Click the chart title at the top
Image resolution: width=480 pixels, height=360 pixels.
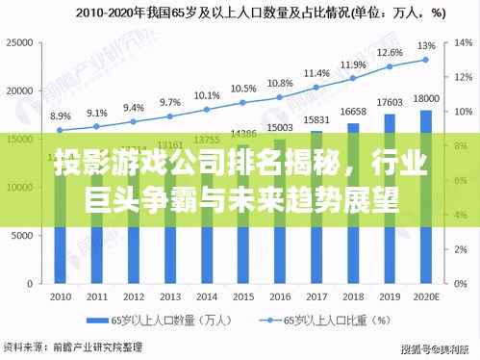(240, 13)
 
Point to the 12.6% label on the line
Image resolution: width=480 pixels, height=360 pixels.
(390, 53)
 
